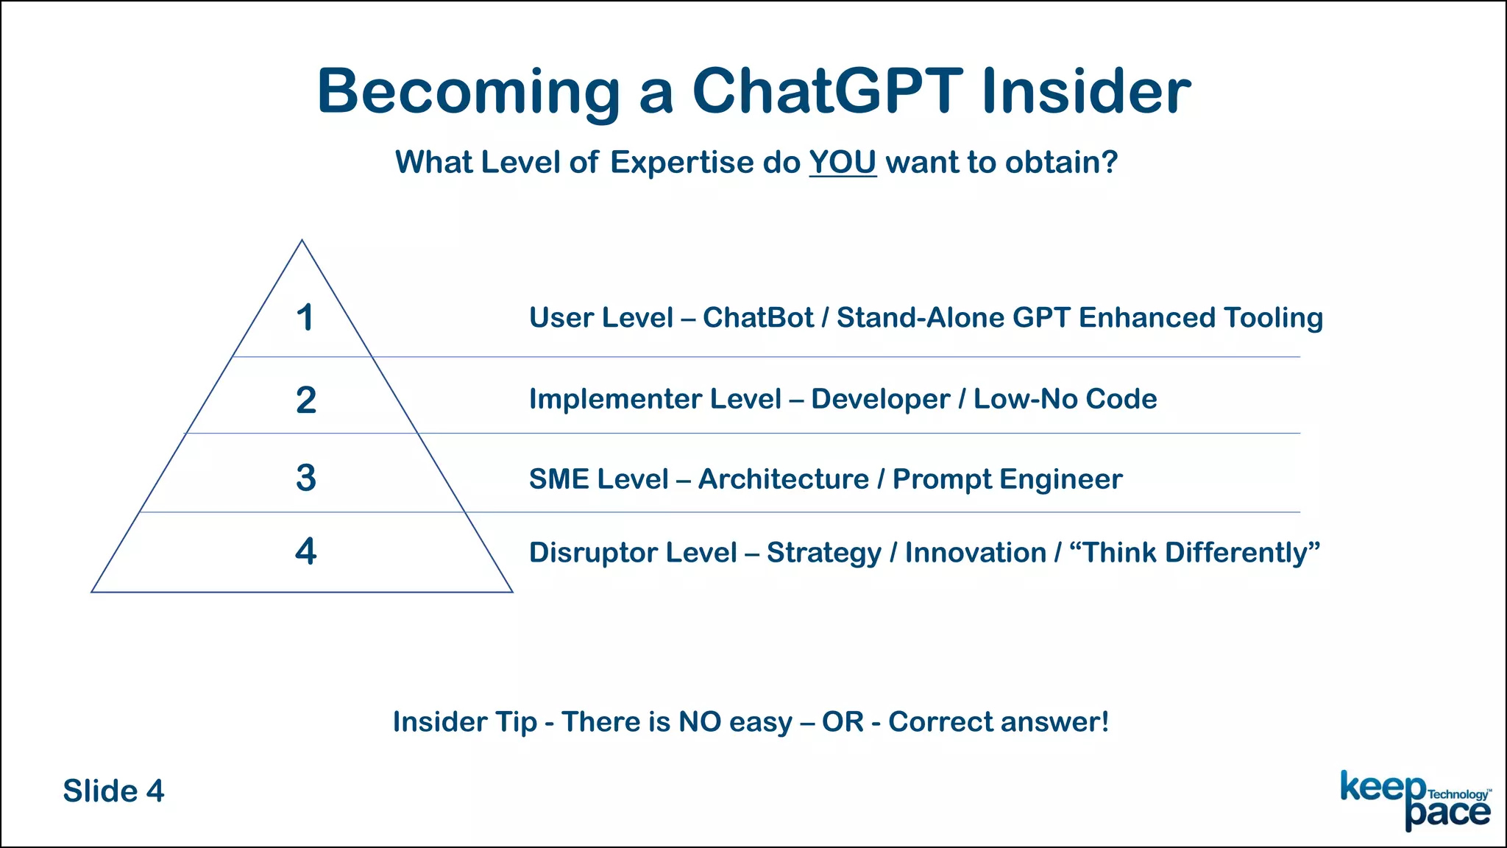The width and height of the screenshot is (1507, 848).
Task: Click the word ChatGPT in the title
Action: point(827,91)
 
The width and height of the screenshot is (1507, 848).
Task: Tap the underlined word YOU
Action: point(843,163)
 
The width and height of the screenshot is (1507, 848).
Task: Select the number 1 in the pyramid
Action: point(305,319)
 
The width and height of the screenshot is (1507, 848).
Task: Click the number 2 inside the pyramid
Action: point(306,400)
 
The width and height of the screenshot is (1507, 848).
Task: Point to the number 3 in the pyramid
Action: point(306,478)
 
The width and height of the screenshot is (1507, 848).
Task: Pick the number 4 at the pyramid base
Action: point(306,551)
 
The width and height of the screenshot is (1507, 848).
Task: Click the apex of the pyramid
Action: point(302,241)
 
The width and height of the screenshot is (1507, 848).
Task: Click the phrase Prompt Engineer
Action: point(1007,479)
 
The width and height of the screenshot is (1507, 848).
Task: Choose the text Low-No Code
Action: point(1065,399)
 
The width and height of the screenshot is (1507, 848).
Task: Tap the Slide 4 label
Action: point(113,791)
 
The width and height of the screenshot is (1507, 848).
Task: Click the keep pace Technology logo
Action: point(1414,800)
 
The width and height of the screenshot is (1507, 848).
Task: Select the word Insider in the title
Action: point(1086,91)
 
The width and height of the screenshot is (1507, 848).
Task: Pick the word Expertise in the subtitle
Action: point(681,163)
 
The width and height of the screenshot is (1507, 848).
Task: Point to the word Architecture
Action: point(784,479)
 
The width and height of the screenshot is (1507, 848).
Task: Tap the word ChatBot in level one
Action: point(758,318)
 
